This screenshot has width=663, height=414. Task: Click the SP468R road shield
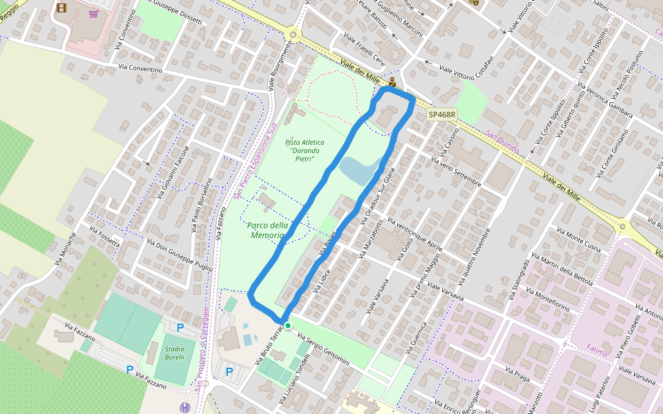(x=442, y=115)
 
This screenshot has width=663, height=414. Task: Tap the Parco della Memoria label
(x=266, y=230)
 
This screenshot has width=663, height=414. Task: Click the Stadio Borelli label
(x=174, y=353)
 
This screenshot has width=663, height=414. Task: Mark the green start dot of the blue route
(x=287, y=324)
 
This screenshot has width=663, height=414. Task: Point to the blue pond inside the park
(x=356, y=170)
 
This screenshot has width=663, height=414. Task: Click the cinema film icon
(x=61, y=8)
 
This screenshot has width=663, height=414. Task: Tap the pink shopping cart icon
(x=93, y=13)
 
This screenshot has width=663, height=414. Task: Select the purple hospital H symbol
(x=185, y=408)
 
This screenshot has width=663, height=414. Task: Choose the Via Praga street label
(x=518, y=375)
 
